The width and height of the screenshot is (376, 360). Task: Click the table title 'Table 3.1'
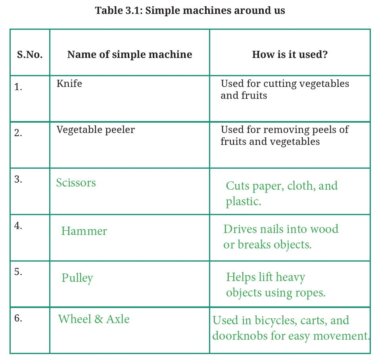coord(119,11)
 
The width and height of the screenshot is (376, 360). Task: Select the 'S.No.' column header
coord(30,54)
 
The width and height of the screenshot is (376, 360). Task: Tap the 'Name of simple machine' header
coord(129,54)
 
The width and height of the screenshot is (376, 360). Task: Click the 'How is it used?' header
coord(290,54)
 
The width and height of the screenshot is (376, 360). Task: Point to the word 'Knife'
coord(69,83)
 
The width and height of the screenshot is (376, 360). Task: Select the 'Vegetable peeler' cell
coord(96,130)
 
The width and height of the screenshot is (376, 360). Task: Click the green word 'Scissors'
coord(76,183)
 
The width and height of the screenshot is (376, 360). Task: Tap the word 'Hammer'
coord(84,231)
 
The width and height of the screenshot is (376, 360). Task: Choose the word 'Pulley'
coord(77,278)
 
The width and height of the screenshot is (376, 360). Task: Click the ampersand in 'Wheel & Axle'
coord(98,319)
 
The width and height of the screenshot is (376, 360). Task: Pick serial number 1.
coord(18,87)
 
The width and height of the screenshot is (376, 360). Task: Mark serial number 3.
coord(18,179)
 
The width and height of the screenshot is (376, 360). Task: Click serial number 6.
coord(18,318)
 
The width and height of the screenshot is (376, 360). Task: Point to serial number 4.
coord(18,225)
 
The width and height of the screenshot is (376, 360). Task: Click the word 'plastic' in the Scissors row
coord(242,202)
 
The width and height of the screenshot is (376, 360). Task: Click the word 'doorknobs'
coord(240,335)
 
